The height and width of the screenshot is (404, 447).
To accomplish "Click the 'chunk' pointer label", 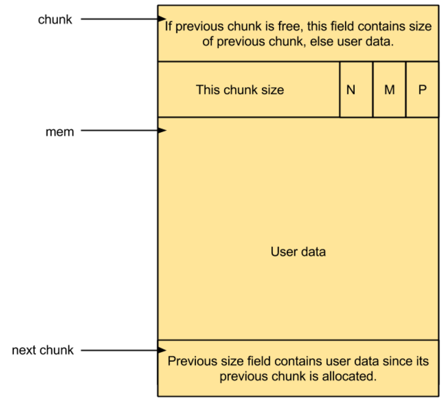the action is (55, 20).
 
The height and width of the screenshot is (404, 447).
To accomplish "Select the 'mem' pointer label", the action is (60, 132).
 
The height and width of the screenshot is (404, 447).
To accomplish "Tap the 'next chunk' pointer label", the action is (43, 350).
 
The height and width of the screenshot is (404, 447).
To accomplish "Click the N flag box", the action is (356, 89).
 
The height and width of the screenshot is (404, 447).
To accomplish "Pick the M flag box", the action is (389, 89).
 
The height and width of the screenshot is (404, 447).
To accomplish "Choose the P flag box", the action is (422, 89).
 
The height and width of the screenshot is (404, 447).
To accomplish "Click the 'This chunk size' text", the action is (240, 90).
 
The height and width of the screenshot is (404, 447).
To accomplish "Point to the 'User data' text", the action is (298, 252).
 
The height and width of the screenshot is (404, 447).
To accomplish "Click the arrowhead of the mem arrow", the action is (162, 130).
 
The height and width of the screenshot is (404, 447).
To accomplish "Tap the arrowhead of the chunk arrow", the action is (162, 19).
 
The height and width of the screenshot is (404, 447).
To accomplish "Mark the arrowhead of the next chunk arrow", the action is (162, 350).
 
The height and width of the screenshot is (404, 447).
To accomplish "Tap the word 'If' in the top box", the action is (168, 26).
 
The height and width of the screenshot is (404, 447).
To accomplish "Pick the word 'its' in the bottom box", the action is (422, 361).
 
